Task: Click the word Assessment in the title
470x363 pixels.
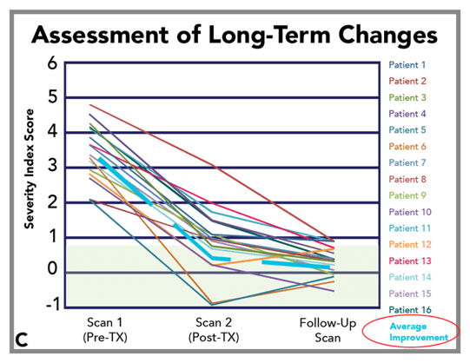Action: tap(101, 35)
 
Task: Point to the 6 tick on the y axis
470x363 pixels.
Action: tap(52, 63)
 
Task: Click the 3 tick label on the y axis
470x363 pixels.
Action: tap(52, 165)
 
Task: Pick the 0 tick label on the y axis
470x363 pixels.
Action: tap(52, 268)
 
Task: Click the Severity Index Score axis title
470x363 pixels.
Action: tap(29, 169)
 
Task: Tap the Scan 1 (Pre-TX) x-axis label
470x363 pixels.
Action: tap(105, 330)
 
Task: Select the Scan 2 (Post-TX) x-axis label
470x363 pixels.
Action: tap(214, 330)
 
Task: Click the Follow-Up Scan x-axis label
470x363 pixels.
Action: tap(328, 330)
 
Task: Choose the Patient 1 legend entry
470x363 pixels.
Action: tap(407, 65)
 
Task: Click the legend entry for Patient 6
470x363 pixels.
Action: tap(407, 147)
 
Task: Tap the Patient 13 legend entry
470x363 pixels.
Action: tap(410, 261)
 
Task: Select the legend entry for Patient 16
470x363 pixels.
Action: tap(410, 310)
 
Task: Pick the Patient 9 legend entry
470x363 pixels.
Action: tap(407, 195)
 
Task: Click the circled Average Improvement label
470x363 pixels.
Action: tap(419, 332)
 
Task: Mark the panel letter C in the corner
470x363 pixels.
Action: tap(21, 340)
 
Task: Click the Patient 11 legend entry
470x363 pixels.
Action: tap(410, 228)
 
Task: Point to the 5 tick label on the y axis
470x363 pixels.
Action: tap(52, 96)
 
